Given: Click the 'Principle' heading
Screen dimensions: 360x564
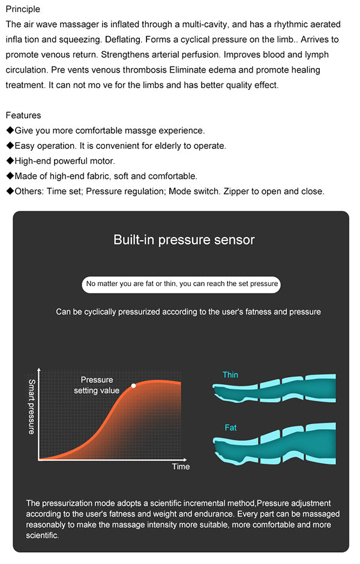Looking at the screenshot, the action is [x=23, y=10].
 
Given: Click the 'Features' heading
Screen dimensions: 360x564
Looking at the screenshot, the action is [x=23, y=115].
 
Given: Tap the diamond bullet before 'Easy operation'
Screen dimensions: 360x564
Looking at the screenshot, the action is [x=10, y=145].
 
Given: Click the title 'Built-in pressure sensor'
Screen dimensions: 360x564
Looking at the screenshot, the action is [x=184, y=239].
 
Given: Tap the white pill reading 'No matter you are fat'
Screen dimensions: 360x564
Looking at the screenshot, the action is [x=181, y=284].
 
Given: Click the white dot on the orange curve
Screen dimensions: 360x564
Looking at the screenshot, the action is [x=133, y=386].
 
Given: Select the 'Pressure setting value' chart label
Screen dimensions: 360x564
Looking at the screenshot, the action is [x=97, y=385].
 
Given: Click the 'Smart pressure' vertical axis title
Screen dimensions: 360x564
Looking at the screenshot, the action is [x=32, y=406].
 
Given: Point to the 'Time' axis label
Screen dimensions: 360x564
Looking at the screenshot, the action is [x=181, y=467].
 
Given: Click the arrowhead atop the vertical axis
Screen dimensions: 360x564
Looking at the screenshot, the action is [x=39, y=370].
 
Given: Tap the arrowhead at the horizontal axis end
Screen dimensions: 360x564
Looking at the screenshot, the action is [x=185, y=460].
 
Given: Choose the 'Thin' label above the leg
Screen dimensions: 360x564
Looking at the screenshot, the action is [x=230, y=375].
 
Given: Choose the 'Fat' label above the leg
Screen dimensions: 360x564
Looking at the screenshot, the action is [x=230, y=428].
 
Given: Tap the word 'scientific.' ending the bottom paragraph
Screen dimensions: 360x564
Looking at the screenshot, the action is [x=42, y=536].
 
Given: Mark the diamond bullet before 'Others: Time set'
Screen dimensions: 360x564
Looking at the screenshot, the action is [x=10, y=191].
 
